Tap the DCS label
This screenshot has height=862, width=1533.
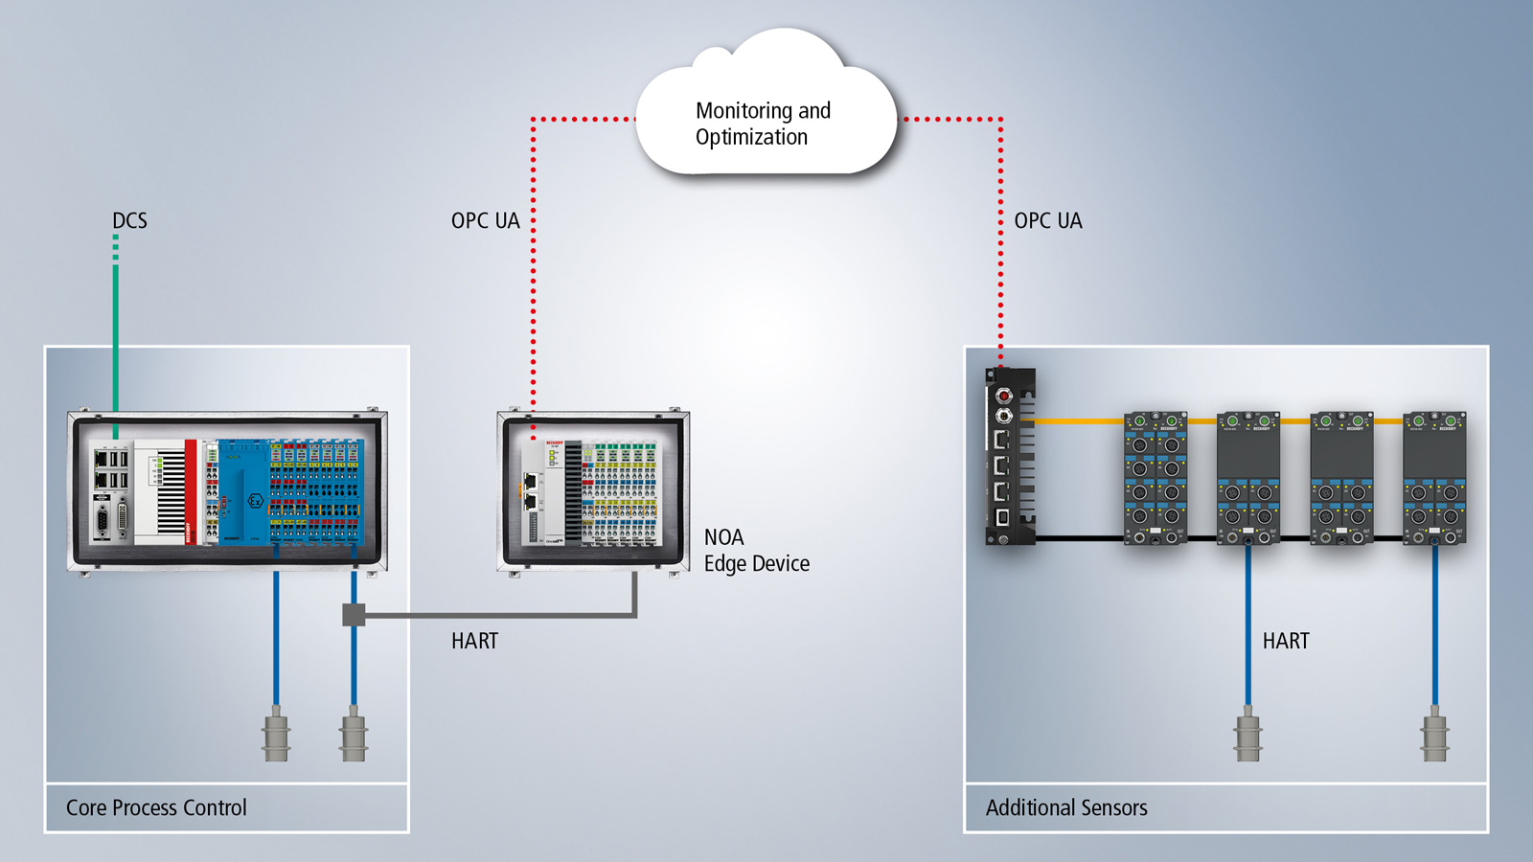pyautogui.click(x=129, y=221)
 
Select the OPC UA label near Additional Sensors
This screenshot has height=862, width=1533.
pyautogui.click(x=1047, y=221)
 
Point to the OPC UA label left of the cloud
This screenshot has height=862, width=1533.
pyautogui.click(x=485, y=221)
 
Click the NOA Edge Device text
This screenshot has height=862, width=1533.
pyautogui.click(x=756, y=551)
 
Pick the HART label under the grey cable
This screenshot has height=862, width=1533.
pyautogui.click(x=474, y=641)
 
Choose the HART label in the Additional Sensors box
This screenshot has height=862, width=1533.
pyautogui.click(x=1285, y=641)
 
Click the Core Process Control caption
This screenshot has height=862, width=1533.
pyautogui.click(x=156, y=807)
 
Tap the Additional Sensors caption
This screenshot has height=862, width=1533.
pyautogui.click(x=1065, y=807)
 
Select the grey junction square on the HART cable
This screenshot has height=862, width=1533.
pyautogui.click(x=354, y=615)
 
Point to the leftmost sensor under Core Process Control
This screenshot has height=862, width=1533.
pyautogui.click(x=276, y=735)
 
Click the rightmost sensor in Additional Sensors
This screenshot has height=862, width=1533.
pyautogui.click(x=1434, y=735)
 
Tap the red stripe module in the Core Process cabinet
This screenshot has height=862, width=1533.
pyautogui.click(x=191, y=491)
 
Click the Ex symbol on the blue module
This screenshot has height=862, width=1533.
pyautogui.click(x=255, y=501)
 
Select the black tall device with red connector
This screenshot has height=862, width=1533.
pyautogui.click(x=1009, y=457)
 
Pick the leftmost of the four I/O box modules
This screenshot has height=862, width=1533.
pyautogui.click(x=1155, y=479)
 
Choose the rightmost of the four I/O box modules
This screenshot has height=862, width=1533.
pyautogui.click(x=1434, y=479)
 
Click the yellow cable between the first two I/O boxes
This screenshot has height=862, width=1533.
pyautogui.click(x=1201, y=420)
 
